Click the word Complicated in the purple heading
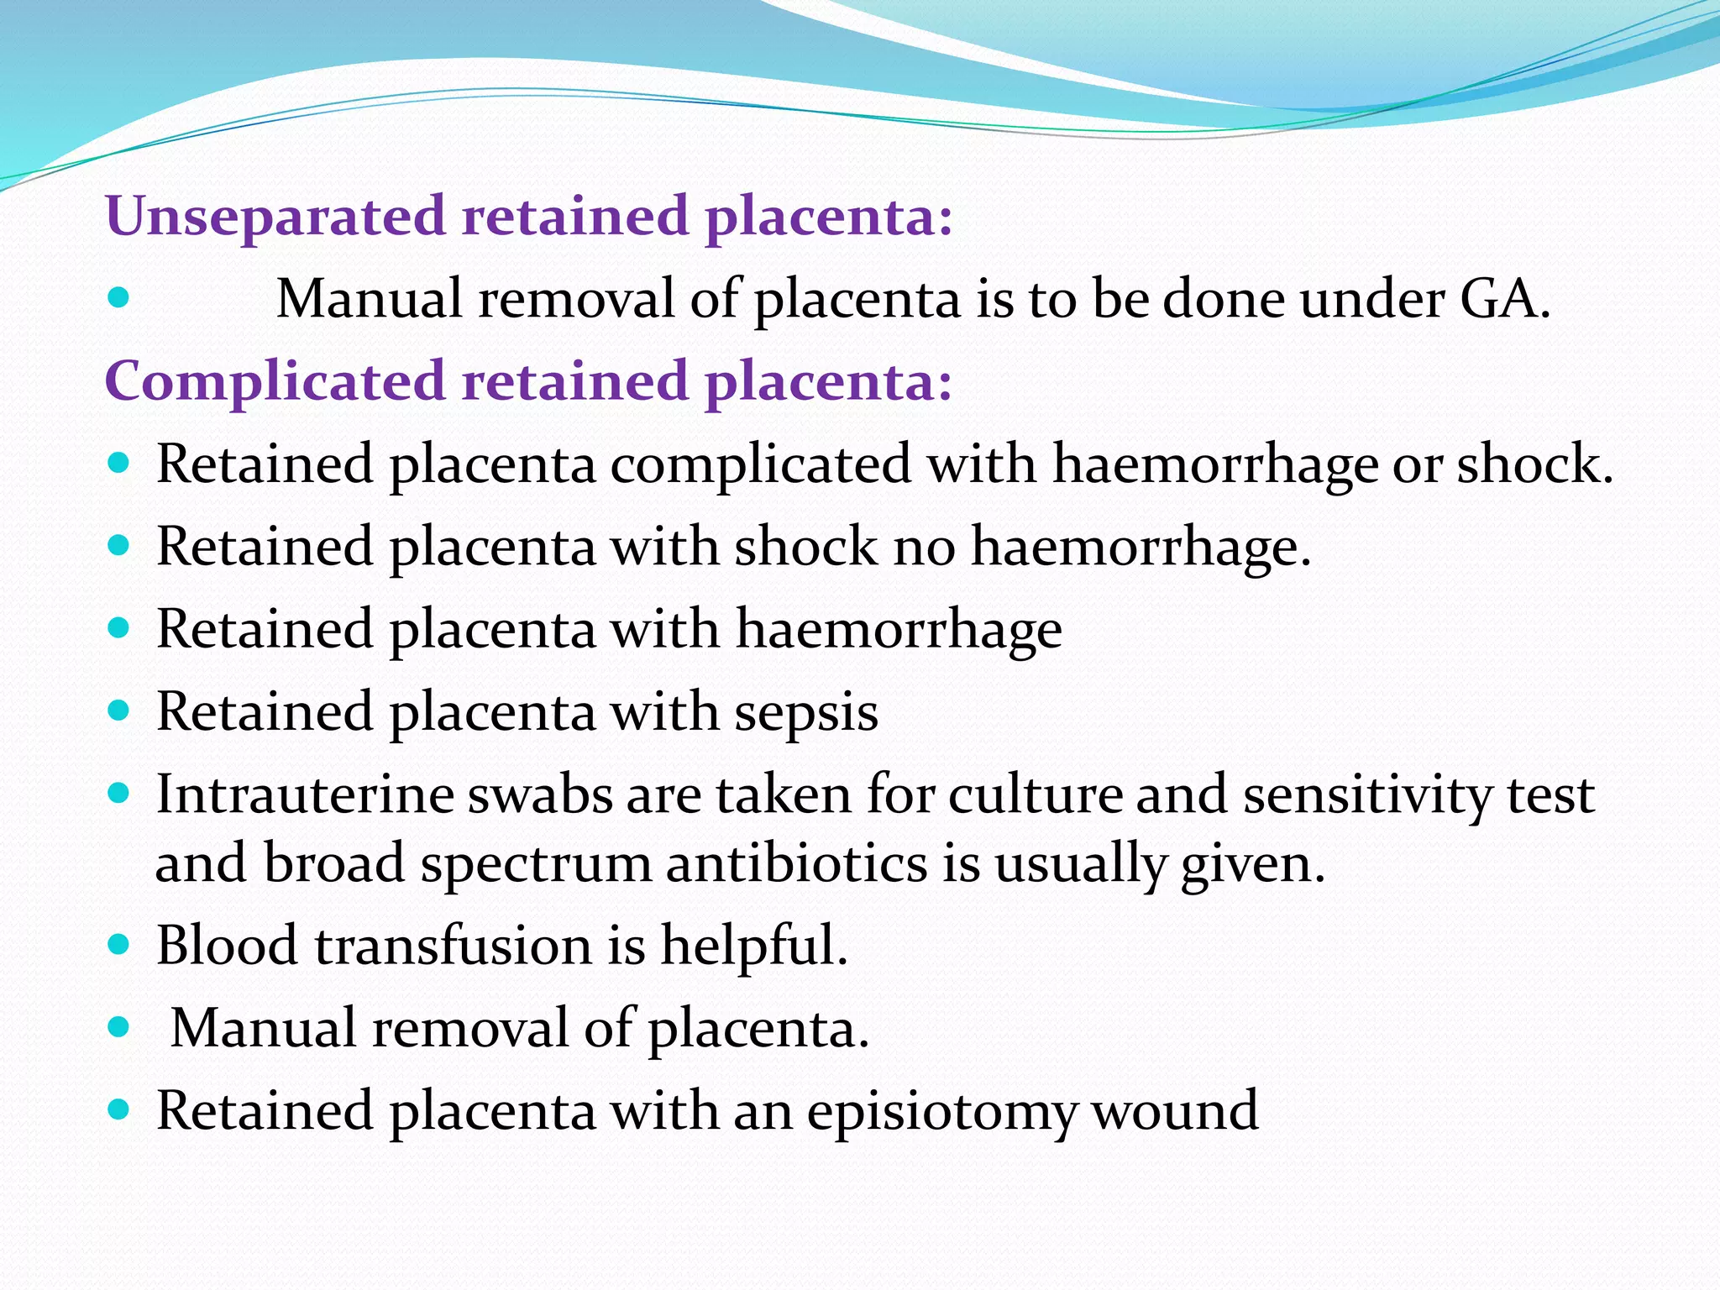coord(275,382)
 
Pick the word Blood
coord(227,945)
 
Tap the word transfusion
coord(453,945)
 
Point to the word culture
coord(1036,794)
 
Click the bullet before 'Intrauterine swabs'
coord(118,794)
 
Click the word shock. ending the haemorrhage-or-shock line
coord(1534,464)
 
